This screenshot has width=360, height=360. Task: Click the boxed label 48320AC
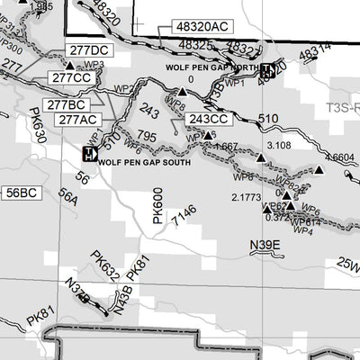[189, 30]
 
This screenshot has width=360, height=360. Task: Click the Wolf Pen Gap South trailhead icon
[88, 155]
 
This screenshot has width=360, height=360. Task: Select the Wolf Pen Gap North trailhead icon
[268, 68]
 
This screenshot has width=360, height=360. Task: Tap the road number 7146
[184, 214]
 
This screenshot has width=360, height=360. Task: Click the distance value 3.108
[280, 145]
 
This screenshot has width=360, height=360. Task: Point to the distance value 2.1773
[247, 196]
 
